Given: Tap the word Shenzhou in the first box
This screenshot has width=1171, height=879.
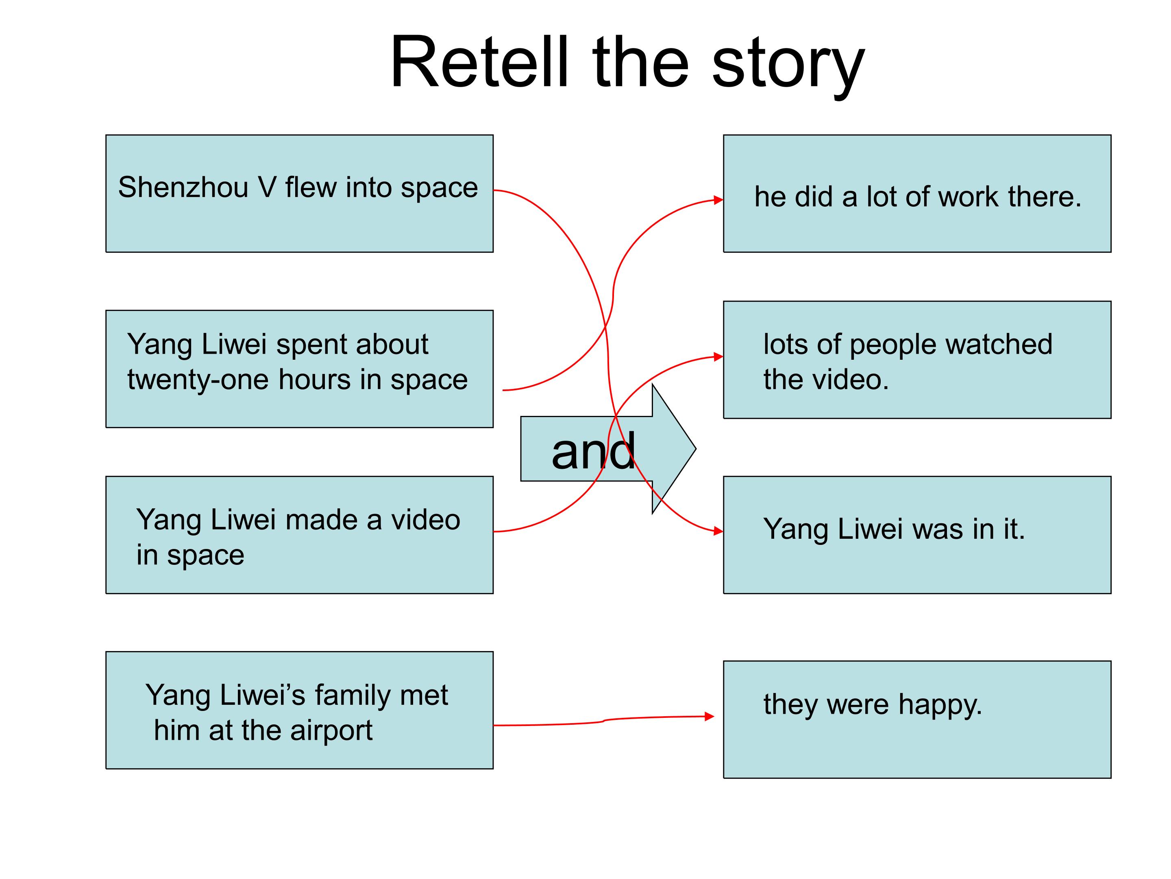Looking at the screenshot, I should [183, 188].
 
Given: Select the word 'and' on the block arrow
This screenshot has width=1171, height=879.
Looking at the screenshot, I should [593, 451].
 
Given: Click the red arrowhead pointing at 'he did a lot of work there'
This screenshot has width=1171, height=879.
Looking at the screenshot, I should [718, 200].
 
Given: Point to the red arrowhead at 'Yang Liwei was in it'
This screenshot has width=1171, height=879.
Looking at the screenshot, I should [718, 531].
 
